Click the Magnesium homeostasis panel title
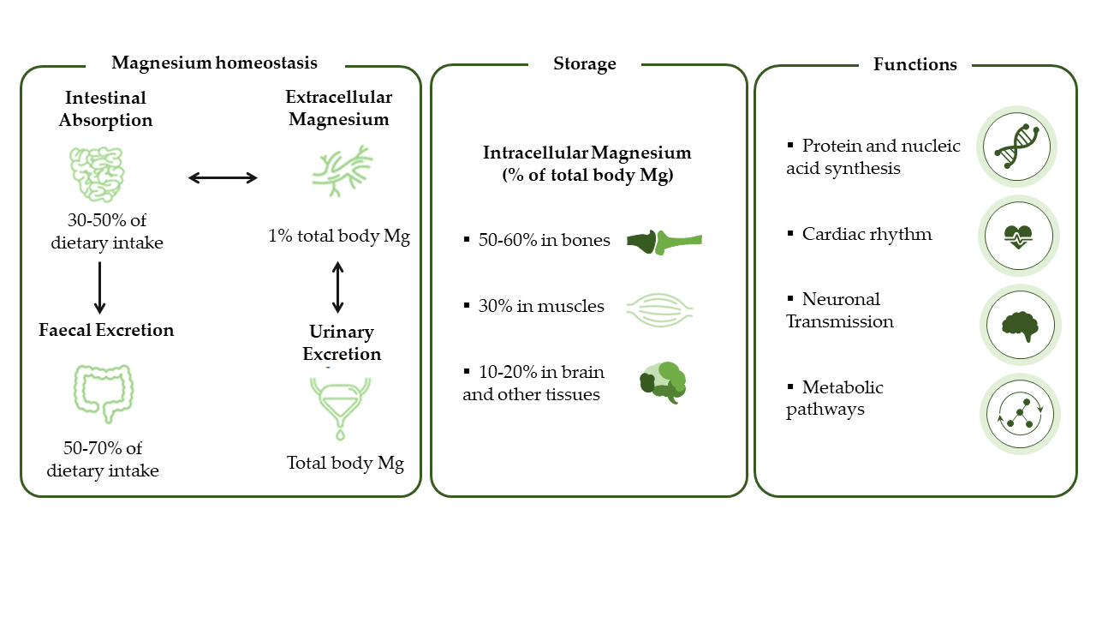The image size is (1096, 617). click(x=214, y=63)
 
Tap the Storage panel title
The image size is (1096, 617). click(x=585, y=64)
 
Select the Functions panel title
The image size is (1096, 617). click(x=914, y=64)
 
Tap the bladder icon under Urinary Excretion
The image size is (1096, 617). click(x=341, y=405)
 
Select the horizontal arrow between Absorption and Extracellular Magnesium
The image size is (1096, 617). click(x=223, y=177)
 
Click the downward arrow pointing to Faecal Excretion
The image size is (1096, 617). click(x=100, y=287)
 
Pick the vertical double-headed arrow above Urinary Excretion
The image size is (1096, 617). click(x=337, y=287)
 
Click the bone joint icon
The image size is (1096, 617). click(x=664, y=242)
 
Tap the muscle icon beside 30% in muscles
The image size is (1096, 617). click(x=659, y=307)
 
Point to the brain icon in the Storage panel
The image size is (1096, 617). click(x=664, y=383)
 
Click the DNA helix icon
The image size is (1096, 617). click(x=1018, y=147)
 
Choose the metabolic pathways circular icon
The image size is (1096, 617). click(x=1018, y=414)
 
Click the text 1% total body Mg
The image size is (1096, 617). click(x=339, y=237)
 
